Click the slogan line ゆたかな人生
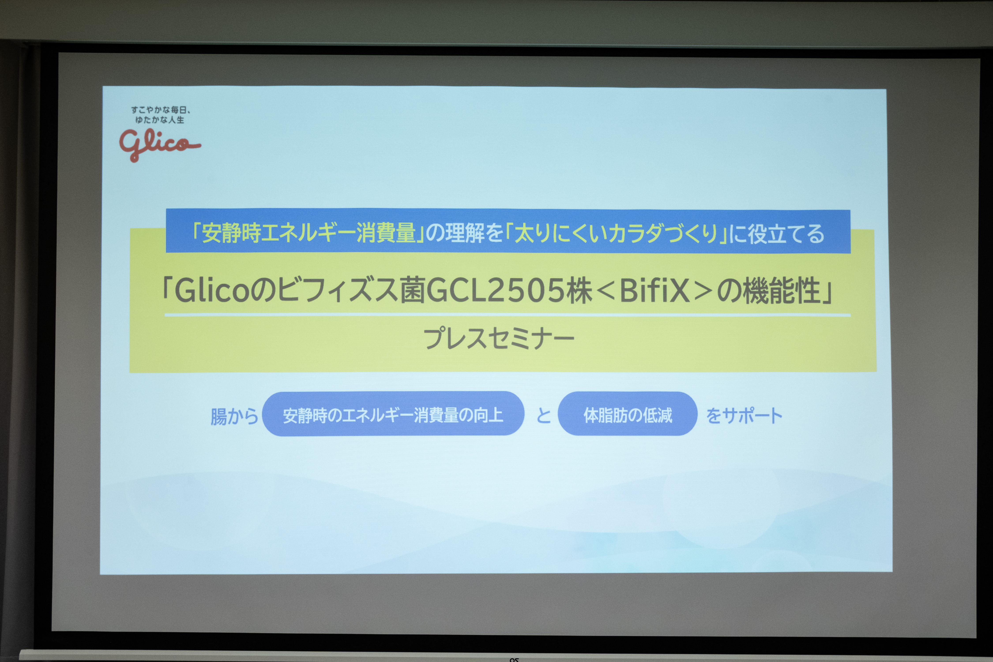(x=160, y=120)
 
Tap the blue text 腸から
(x=234, y=416)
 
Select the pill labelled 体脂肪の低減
(x=627, y=414)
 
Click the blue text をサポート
(x=744, y=416)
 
